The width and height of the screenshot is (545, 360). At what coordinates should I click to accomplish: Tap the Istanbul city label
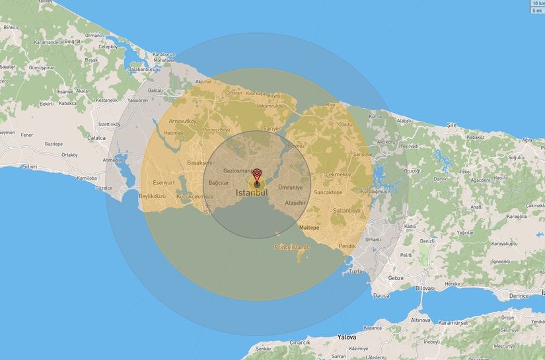tap(252, 193)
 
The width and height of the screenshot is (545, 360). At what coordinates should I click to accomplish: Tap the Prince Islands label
tap(292, 247)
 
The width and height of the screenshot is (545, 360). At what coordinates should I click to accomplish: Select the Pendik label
tap(346, 246)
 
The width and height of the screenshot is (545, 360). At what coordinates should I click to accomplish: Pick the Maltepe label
tap(309, 227)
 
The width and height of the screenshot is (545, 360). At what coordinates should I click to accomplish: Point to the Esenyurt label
tap(163, 182)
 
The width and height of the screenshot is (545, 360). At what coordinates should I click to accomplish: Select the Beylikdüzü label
tap(152, 196)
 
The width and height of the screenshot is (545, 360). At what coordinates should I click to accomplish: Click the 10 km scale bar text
tap(538, 3)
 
